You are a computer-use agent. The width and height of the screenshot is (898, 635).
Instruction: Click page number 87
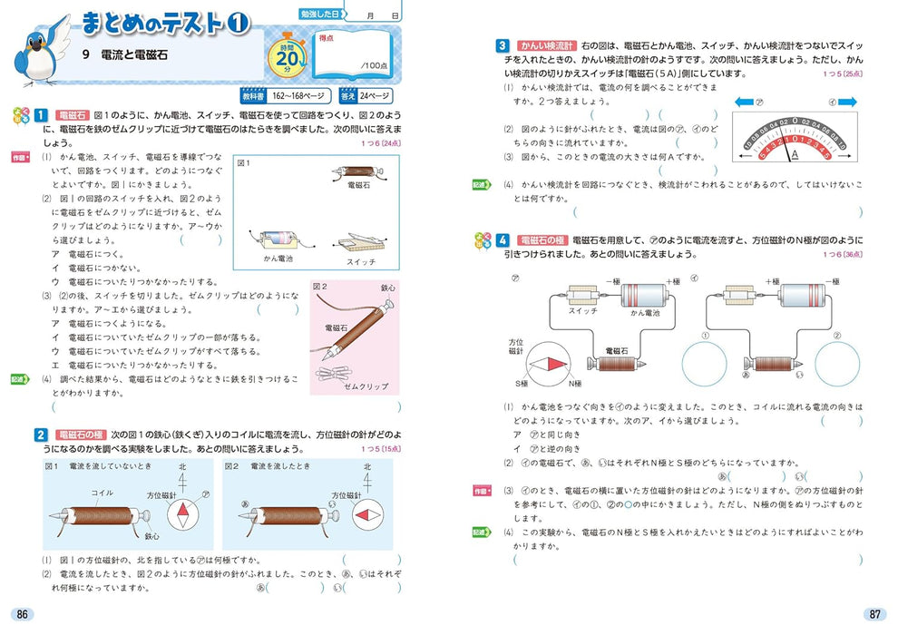coord(874,614)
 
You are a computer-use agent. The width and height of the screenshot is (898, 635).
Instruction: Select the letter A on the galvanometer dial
coord(796,153)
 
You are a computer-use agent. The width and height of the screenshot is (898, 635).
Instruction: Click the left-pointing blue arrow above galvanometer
coord(744,103)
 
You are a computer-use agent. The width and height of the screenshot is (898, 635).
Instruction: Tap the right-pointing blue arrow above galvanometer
coord(846,103)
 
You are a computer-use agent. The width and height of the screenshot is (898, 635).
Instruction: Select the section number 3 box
coord(503,44)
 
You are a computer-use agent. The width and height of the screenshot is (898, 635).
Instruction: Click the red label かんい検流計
coord(544,44)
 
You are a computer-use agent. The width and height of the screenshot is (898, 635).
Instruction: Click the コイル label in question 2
coord(102,493)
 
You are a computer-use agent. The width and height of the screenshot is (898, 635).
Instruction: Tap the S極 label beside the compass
coord(522,383)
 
